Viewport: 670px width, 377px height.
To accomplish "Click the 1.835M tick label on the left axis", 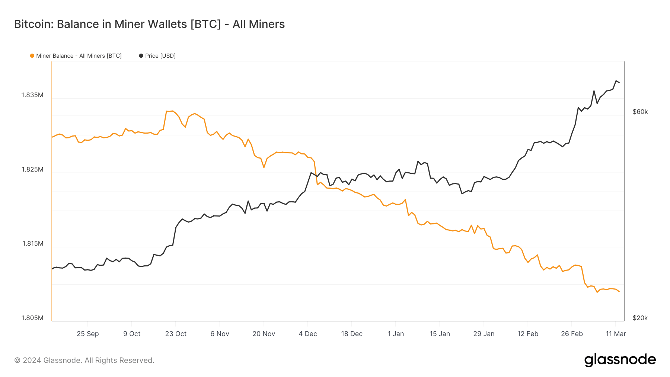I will [32, 95].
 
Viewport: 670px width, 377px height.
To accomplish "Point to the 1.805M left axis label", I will [32, 318].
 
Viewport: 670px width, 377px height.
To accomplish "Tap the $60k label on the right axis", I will [640, 112].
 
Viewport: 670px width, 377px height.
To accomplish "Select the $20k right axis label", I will [640, 318].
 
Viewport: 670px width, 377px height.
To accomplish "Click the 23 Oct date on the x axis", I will [176, 334].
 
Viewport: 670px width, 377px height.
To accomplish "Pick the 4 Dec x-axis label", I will [307, 334].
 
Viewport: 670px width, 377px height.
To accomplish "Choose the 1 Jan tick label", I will [396, 334].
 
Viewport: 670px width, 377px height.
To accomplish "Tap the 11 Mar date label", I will [616, 334].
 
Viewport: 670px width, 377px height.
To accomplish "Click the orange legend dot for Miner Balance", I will [32, 56].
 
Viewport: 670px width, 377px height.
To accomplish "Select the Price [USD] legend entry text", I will [160, 56].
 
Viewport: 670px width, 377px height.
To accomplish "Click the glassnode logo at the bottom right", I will [620, 360].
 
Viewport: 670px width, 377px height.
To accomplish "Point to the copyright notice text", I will [84, 360].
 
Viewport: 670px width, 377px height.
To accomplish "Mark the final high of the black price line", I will [616, 81].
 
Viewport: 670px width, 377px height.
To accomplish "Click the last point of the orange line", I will [619, 291].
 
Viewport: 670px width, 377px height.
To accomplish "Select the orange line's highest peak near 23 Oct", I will [172, 111].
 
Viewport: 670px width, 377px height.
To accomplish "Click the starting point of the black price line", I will [52, 269].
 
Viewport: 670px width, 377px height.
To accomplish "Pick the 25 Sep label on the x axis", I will [88, 334].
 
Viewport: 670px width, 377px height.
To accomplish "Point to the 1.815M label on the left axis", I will [33, 243].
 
